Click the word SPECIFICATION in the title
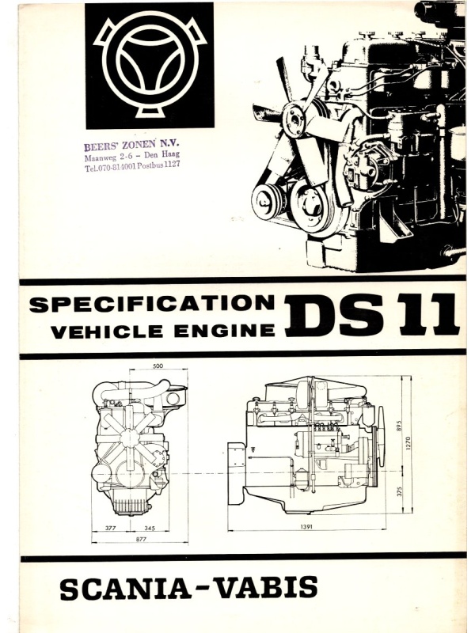(x=152, y=304)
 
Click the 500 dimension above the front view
(x=159, y=366)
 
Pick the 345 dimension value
(x=150, y=528)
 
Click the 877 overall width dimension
(x=141, y=539)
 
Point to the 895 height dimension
(x=400, y=427)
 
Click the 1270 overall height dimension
(x=409, y=443)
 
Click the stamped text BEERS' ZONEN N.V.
(x=131, y=145)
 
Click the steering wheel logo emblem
(x=149, y=66)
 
